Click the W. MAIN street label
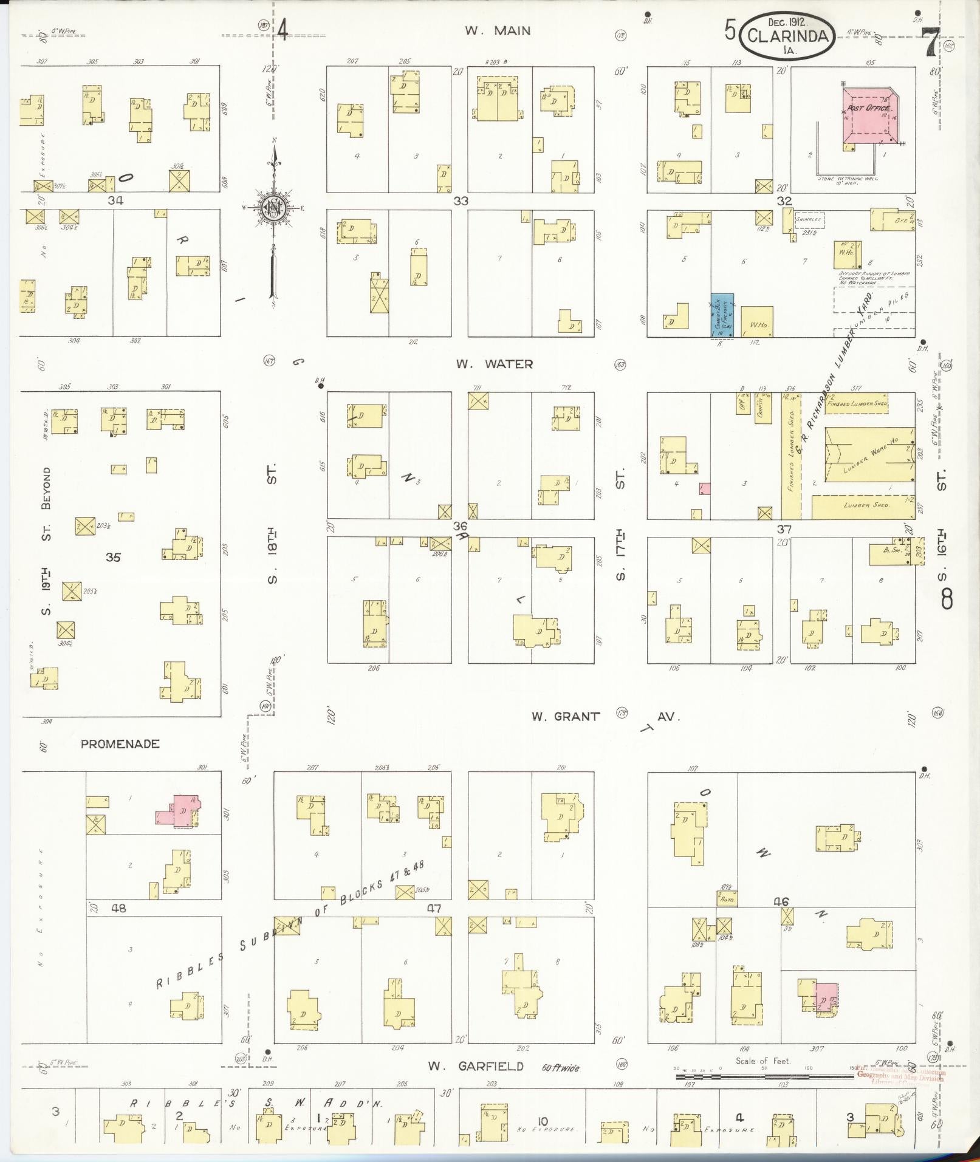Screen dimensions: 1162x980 (498, 31)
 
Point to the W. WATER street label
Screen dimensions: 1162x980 (495, 364)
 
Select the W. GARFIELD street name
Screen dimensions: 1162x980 (475, 1066)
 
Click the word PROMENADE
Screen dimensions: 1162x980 (120, 743)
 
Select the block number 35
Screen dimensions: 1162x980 (113, 556)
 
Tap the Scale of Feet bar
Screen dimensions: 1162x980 (762, 1076)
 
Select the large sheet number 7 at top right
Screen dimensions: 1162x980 (930, 43)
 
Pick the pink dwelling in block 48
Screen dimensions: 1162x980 (179, 812)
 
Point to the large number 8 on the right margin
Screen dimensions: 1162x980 (946, 600)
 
